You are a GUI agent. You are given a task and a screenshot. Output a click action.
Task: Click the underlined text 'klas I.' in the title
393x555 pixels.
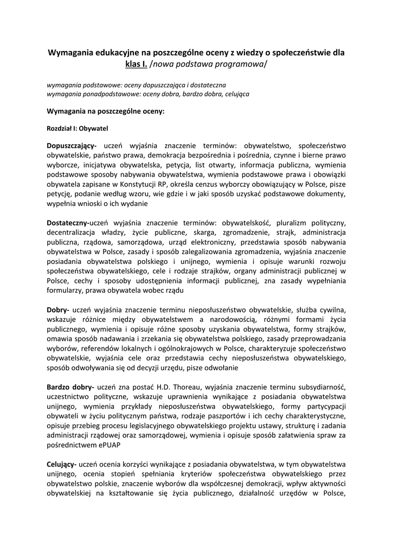click(x=136, y=65)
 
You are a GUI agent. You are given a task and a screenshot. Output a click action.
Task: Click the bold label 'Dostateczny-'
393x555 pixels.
click(x=68, y=222)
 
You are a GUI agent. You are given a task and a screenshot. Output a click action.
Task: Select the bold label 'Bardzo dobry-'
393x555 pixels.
click(x=70, y=386)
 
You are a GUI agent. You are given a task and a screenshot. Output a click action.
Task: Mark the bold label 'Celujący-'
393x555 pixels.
click(x=62, y=464)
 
